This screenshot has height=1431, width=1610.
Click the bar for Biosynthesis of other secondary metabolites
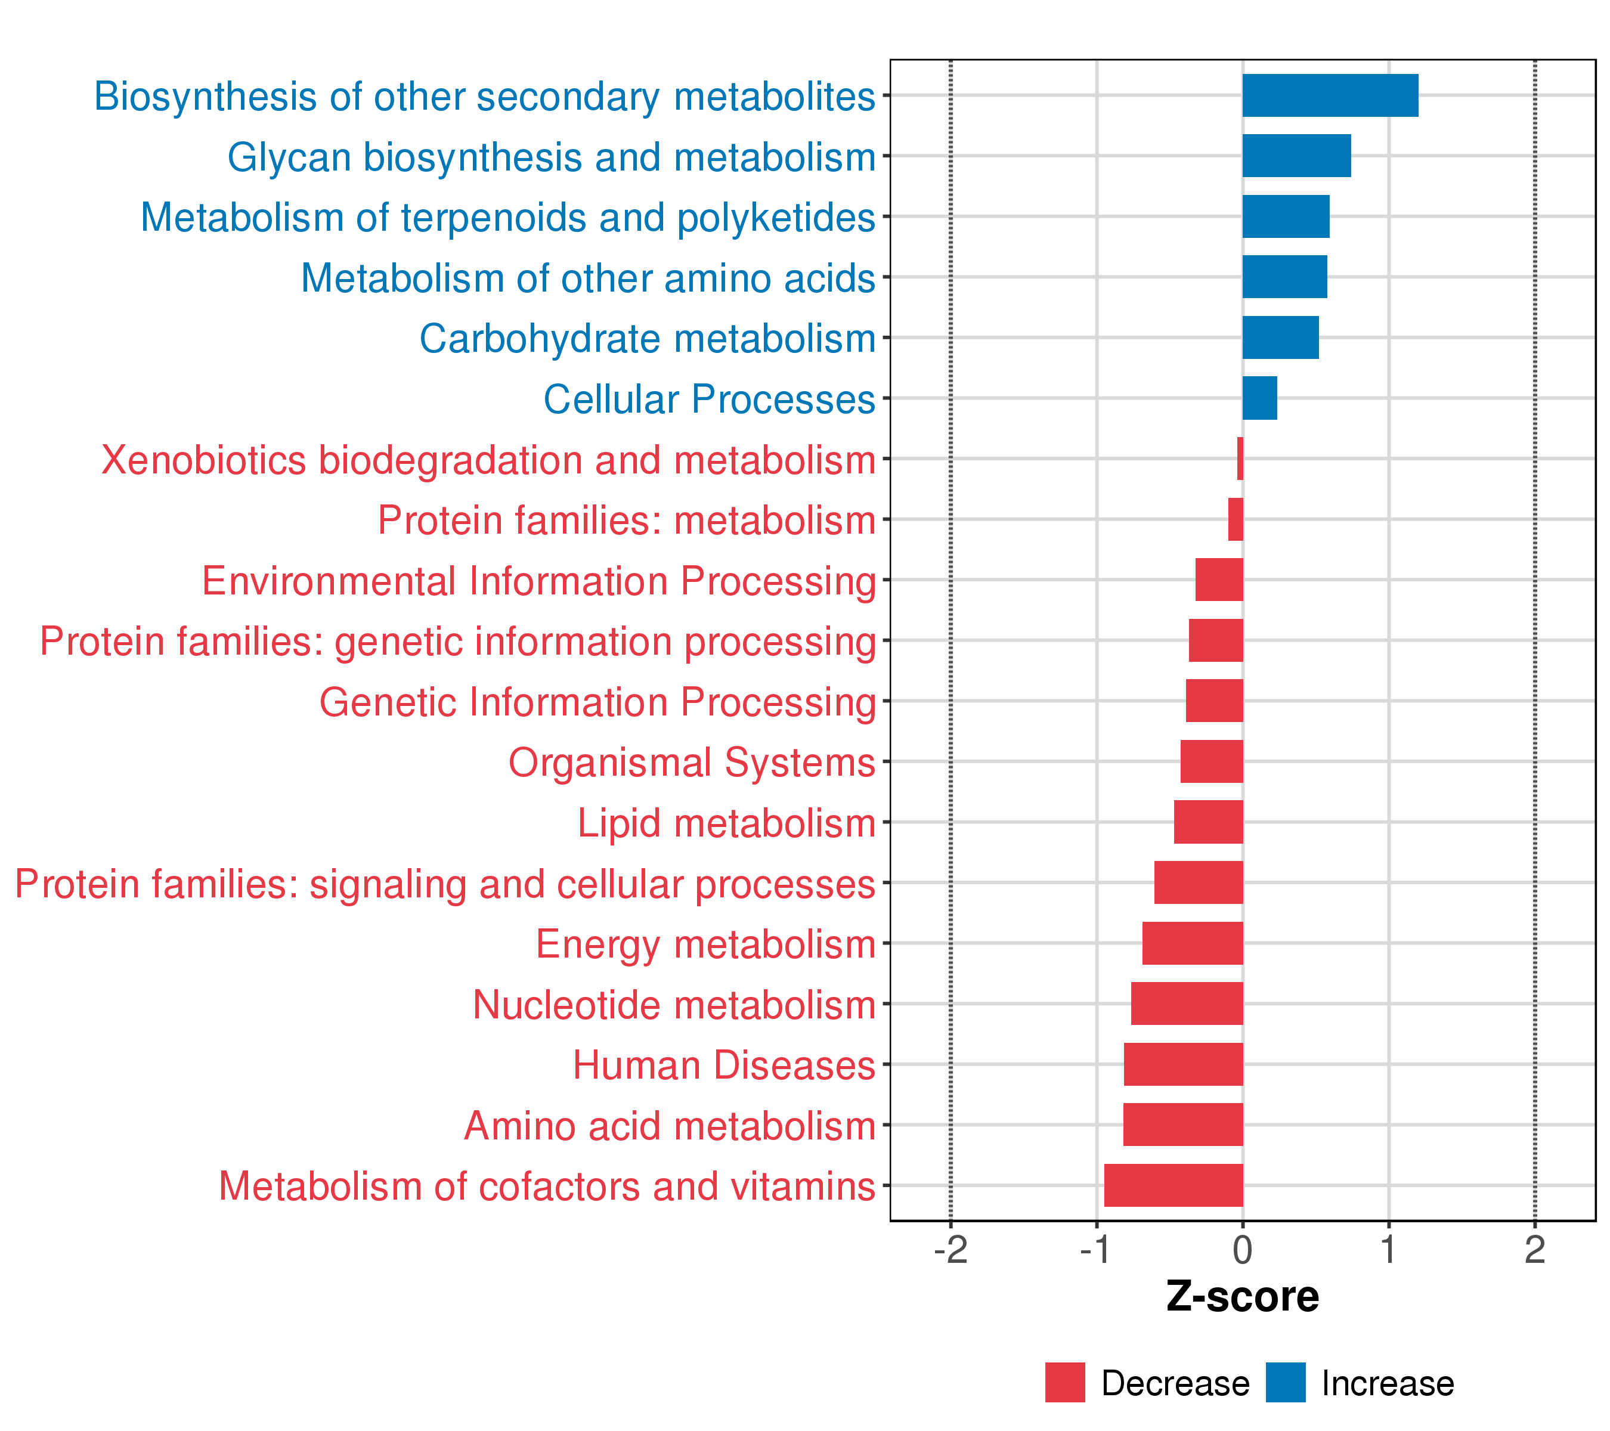click(1330, 95)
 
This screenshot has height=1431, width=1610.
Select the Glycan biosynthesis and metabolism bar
click(1296, 156)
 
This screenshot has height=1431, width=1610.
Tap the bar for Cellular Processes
click(1259, 398)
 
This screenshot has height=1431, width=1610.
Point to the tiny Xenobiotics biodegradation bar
click(1240, 459)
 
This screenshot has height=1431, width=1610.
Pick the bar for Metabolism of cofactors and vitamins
click(1173, 1185)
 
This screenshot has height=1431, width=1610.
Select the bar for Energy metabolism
click(1193, 943)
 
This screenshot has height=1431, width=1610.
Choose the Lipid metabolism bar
click(1208, 822)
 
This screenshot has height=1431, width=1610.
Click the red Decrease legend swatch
click(1065, 1383)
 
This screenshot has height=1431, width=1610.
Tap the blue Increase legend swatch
click(1286, 1383)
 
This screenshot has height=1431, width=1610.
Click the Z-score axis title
click(1242, 1297)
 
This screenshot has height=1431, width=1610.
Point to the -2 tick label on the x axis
click(950, 1250)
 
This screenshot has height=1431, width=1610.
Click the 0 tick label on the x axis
click(1242, 1250)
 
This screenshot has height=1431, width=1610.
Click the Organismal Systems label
click(692, 763)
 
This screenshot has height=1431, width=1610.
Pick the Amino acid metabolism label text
click(670, 1126)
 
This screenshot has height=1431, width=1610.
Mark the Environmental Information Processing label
click(539, 581)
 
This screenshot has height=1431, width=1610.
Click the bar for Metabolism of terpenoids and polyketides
click(1286, 216)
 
